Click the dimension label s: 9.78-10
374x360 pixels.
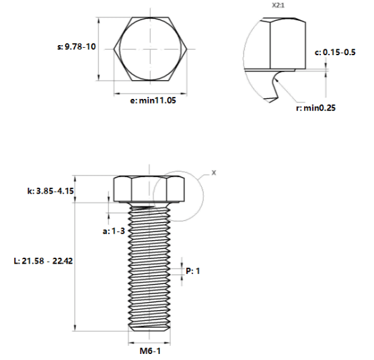77,46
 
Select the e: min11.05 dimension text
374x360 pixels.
153,100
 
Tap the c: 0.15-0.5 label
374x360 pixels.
335,52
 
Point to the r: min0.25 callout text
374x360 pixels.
315,108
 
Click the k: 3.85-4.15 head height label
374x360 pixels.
50,191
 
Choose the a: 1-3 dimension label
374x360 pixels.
114,231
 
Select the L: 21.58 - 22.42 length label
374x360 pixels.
43,261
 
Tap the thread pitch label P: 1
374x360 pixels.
193,271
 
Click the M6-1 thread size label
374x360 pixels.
150,351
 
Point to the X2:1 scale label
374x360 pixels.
278,5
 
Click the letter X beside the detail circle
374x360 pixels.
214,173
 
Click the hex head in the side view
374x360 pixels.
149,189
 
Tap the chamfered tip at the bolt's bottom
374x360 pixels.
149,329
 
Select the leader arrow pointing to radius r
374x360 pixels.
285,91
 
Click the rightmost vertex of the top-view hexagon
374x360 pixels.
186,49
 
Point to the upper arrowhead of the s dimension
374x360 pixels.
99,20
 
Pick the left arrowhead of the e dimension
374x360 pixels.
117,94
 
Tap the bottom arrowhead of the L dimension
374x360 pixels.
75,328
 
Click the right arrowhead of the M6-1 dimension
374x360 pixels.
167,344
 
